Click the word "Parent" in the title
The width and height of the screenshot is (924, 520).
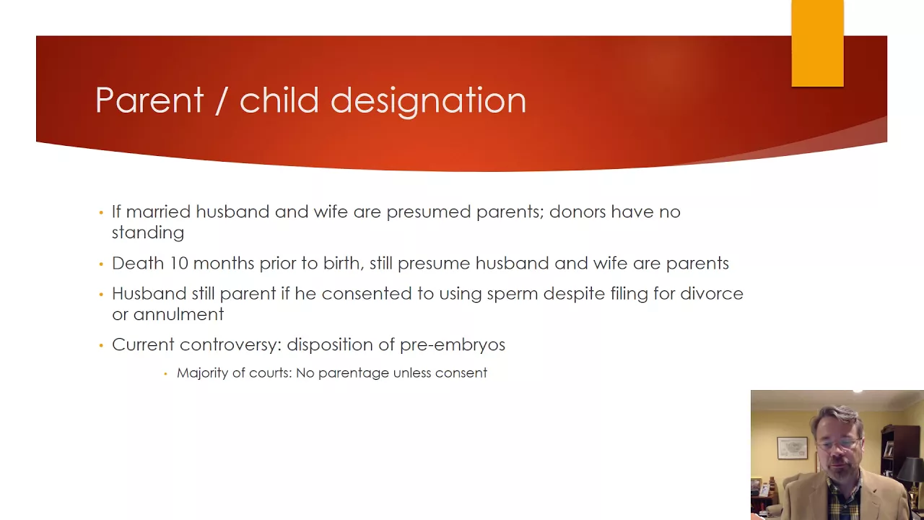pos(149,100)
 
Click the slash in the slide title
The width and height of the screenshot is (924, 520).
pos(221,100)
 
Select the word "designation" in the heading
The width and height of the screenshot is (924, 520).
pos(428,102)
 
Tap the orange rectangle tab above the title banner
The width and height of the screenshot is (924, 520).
pos(818,43)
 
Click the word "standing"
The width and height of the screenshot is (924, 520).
pos(148,233)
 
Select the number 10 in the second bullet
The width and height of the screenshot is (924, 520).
pos(178,264)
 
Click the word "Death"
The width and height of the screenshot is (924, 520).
pos(138,264)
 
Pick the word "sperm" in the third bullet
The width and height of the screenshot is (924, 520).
pos(512,295)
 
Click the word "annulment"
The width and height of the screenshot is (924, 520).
pos(178,314)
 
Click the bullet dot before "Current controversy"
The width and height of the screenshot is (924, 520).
pos(101,345)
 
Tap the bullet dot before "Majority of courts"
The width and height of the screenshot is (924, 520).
pos(165,374)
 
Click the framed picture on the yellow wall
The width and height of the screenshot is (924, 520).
pos(793,448)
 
